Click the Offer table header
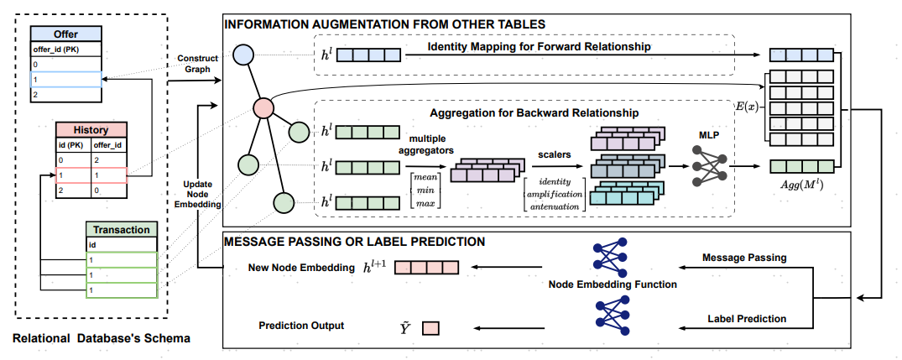click(66, 34)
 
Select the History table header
click(91, 129)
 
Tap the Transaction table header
click(122, 229)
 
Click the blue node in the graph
click(242, 55)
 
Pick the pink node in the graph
click(263, 107)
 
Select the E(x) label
click(747, 107)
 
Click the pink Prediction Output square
click(431, 329)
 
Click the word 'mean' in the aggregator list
click(427, 179)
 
